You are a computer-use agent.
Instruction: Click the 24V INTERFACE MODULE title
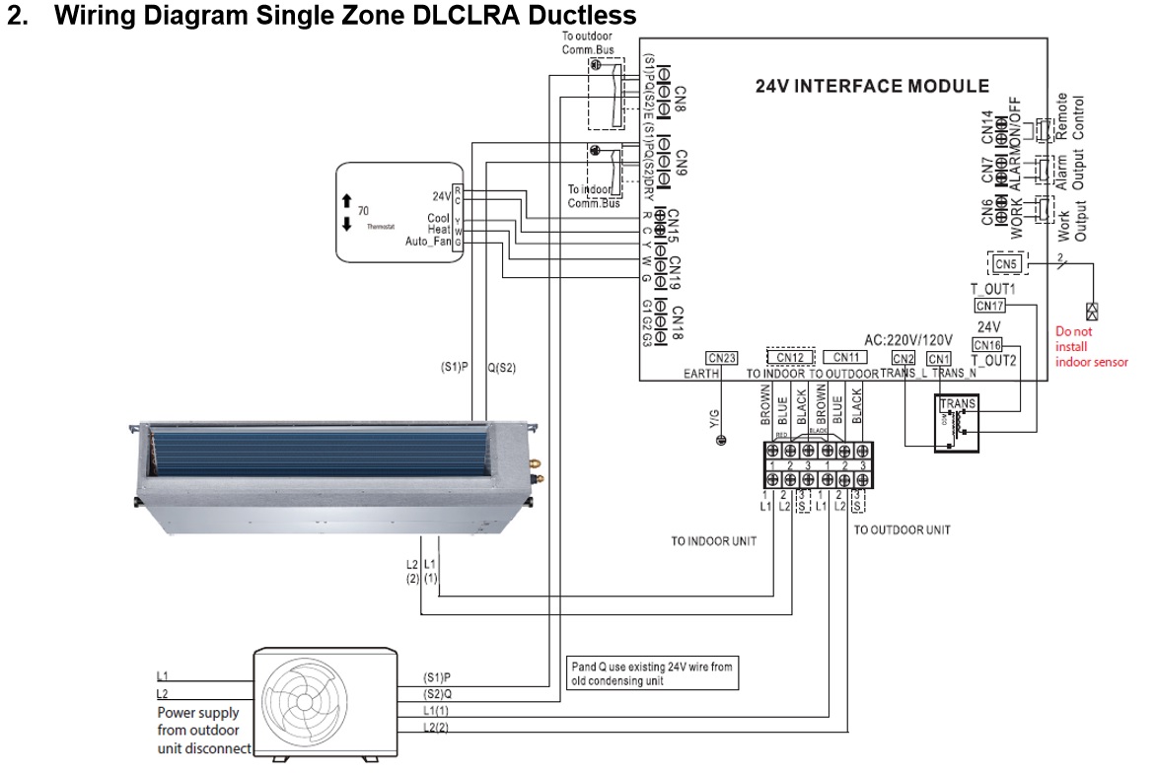click(x=872, y=86)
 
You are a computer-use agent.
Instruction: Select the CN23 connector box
click(x=722, y=358)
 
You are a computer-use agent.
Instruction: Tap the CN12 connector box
click(x=791, y=357)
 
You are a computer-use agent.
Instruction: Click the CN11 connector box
click(x=845, y=357)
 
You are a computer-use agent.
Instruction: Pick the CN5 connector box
click(x=1005, y=264)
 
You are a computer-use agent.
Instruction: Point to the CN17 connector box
click(x=990, y=306)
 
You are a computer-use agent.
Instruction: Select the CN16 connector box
click(x=987, y=345)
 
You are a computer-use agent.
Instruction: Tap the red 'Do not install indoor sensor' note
click(x=1091, y=347)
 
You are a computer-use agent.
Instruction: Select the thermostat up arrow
click(x=346, y=201)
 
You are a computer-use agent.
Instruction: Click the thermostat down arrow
click(x=346, y=224)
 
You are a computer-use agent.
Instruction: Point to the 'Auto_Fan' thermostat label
click(x=427, y=242)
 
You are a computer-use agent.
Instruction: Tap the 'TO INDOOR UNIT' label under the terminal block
click(x=713, y=540)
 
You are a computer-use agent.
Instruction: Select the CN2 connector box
click(x=903, y=358)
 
